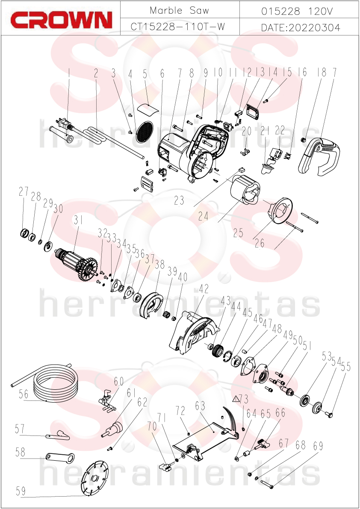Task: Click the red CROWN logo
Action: [x=61, y=20]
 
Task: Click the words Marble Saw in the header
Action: [x=180, y=10]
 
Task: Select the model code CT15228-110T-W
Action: [x=178, y=26]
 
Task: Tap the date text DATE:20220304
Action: [x=301, y=28]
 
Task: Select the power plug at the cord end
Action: [x=64, y=124]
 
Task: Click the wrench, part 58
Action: [x=60, y=457]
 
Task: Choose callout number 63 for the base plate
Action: [x=200, y=406]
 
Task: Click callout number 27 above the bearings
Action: [x=24, y=192]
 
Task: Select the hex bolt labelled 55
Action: [x=329, y=415]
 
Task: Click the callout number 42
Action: [x=204, y=288]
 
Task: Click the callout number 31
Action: [x=78, y=221]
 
